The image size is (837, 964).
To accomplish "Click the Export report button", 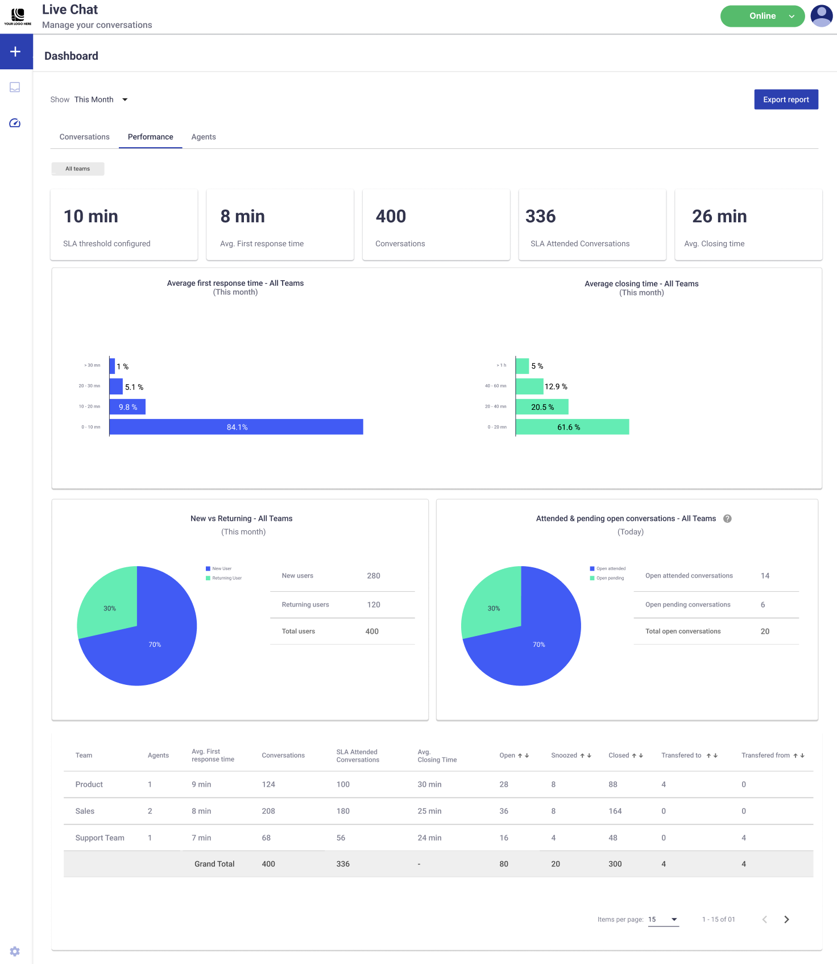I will [786, 99].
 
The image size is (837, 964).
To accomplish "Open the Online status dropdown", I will [762, 16].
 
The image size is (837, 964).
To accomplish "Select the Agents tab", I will [204, 137].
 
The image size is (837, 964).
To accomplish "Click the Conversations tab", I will [85, 137].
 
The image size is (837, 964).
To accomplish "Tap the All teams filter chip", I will [78, 169].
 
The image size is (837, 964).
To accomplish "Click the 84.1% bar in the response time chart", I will [237, 427].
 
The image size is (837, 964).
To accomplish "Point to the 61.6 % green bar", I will [572, 427].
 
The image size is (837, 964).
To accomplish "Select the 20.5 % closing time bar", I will [542, 407].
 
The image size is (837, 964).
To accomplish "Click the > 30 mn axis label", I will [92, 365].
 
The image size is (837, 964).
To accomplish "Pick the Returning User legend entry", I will [226, 578].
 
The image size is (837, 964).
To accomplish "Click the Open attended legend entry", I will [611, 568].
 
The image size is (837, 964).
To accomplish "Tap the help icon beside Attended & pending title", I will [727, 518].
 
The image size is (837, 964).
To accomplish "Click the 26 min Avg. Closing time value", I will [719, 217].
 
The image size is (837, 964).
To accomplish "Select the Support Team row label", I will [100, 838].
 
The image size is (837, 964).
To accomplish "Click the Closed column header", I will [619, 755].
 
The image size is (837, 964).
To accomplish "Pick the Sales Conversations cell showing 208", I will [268, 811].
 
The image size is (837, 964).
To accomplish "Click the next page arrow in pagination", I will [786, 919].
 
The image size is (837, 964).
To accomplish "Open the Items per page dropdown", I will [664, 919].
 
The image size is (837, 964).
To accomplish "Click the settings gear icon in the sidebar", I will [15, 951].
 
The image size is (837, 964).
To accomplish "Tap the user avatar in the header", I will [821, 16].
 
